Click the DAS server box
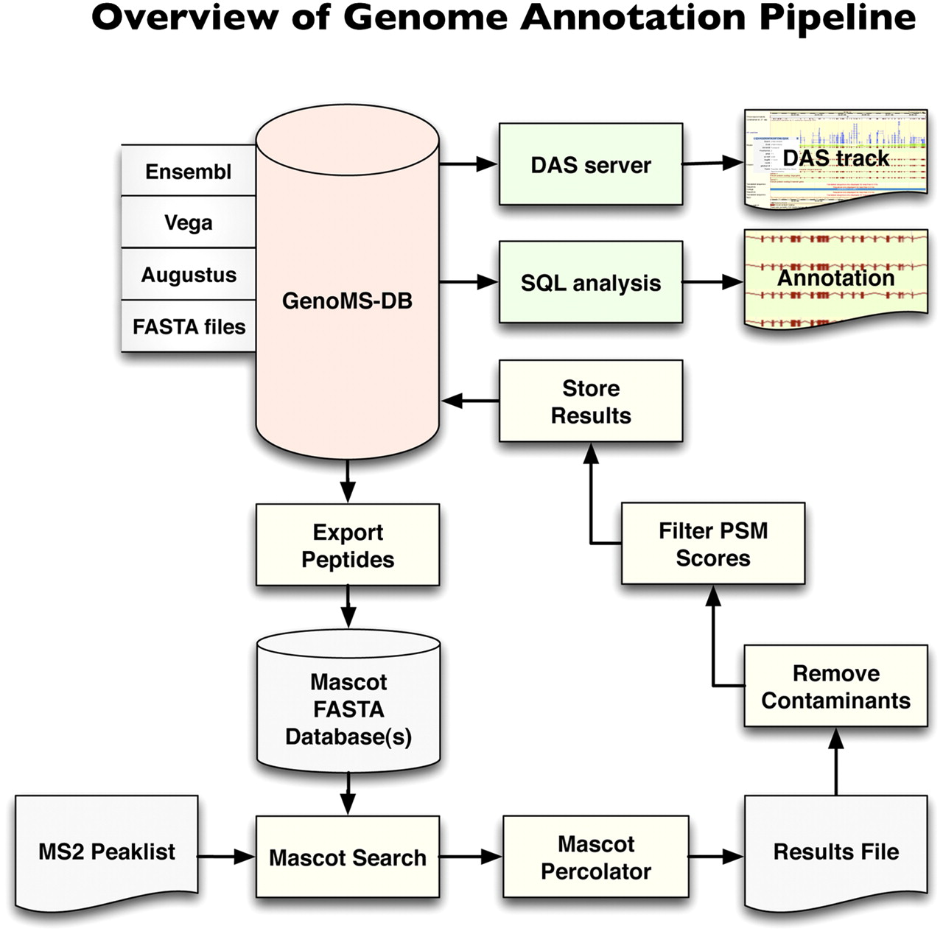pyautogui.click(x=591, y=164)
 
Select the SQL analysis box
pyautogui.click(x=591, y=282)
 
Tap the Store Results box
pyautogui.click(x=591, y=401)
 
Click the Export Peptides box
pyautogui.click(x=348, y=545)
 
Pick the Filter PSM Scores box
pyautogui.click(x=713, y=544)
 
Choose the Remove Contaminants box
pyautogui.click(x=835, y=686)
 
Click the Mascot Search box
pyautogui.click(x=348, y=857)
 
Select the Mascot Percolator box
pyautogui.click(x=596, y=857)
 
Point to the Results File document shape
pyautogui.click(x=835, y=852)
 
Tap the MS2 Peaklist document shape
pyautogui.click(x=107, y=852)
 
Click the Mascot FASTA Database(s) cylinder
pyautogui.click(x=348, y=709)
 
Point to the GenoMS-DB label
pyautogui.click(x=347, y=301)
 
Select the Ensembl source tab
pyautogui.click(x=189, y=172)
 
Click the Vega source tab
pyautogui.click(x=189, y=222)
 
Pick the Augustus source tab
pyautogui.click(x=189, y=275)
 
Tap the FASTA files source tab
pyautogui.click(x=189, y=326)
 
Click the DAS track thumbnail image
pyautogui.click(x=835, y=159)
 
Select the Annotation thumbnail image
pyautogui.click(x=835, y=278)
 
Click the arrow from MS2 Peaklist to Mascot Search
pyautogui.click(x=226, y=857)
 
